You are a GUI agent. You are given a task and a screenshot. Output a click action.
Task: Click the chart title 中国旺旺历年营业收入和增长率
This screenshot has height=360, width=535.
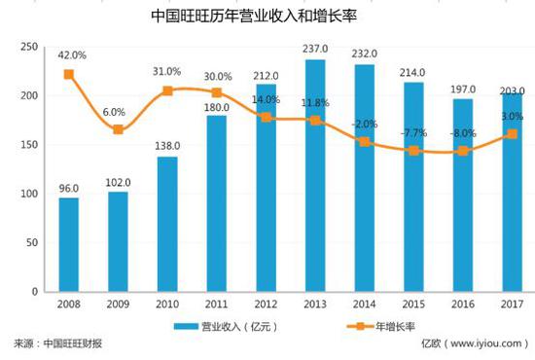[x=267, y=17]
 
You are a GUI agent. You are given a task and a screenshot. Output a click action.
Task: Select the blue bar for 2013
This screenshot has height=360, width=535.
[x=314, y=175]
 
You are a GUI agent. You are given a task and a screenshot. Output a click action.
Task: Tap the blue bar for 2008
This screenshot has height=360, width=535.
[x=68, y=244]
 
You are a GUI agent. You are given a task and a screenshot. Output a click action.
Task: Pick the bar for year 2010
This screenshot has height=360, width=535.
[x=166, y=224]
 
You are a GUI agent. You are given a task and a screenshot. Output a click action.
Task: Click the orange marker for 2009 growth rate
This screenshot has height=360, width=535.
[x=118, y=129]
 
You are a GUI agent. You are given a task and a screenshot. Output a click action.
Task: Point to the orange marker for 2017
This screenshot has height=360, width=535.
[x=512, y=134]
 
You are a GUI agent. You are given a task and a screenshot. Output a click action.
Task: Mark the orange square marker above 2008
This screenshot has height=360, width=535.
[x=68, y=74]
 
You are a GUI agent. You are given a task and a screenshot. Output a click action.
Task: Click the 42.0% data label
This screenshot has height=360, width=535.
[x=71, y=55]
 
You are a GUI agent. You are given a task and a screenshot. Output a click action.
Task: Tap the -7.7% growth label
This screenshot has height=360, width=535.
[x=415, y=130]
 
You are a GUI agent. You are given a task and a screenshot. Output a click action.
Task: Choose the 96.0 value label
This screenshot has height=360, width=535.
[x=68, y=188]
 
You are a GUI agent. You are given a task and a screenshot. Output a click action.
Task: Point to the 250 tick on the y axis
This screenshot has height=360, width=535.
[x=28, y=47]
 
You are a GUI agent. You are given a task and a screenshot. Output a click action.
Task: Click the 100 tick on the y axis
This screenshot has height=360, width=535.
[x=28, y=194]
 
